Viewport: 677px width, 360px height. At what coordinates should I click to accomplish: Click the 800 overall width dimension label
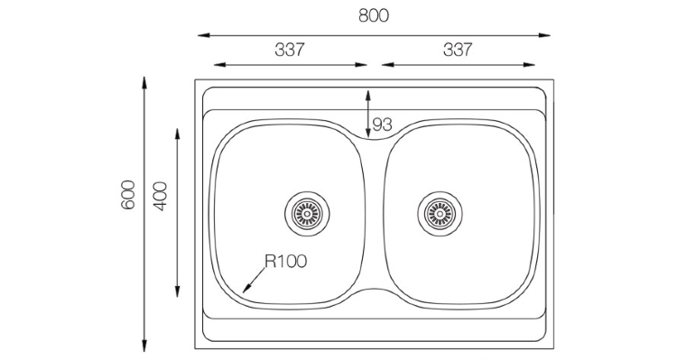374,15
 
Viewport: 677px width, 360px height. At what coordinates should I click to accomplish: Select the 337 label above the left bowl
290,50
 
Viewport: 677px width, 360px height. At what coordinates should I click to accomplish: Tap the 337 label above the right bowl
458,50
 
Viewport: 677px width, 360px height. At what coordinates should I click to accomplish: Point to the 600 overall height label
128,195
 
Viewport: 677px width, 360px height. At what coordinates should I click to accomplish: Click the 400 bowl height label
160,197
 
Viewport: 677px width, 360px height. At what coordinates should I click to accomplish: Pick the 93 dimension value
382,125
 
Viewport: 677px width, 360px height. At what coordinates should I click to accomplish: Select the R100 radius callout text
286,261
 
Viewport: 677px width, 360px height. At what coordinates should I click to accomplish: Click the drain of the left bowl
307,214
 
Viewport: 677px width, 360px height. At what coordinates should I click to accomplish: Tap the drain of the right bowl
440,214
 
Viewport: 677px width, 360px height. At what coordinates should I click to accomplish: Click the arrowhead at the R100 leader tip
246,289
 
